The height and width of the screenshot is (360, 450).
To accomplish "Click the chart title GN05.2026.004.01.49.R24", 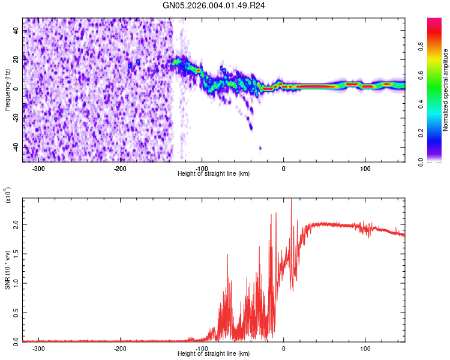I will click(214, 5).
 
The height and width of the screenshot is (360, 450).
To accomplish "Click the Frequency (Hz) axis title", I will click(7, 90).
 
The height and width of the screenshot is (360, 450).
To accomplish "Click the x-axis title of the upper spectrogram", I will click(214, 174).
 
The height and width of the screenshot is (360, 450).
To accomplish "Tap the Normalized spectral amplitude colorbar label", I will click(446, 90).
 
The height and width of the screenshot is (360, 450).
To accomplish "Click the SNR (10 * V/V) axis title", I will click(7, 270).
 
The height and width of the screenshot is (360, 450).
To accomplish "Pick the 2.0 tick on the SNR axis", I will click(16, 224).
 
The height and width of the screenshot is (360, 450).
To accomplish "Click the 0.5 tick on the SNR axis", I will click(16, 313).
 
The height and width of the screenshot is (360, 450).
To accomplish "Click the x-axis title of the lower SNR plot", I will click(214, 354).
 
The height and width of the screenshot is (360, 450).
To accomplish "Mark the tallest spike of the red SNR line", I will click(291, 200).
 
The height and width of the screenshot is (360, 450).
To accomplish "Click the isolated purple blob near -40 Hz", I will click(260, 148).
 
